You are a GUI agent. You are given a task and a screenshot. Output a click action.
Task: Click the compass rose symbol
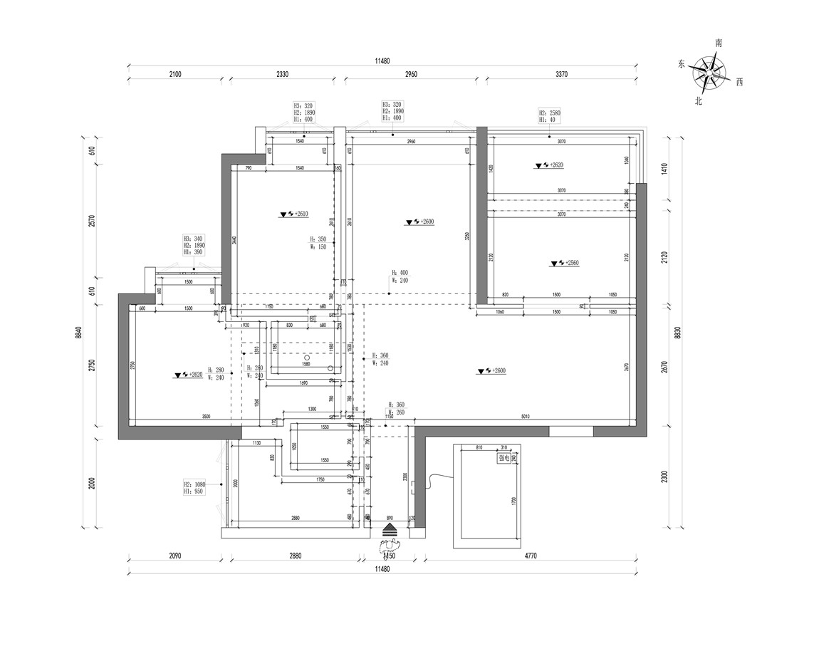(x=709, y=72)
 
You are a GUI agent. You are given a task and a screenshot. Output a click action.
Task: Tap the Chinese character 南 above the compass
(x=719, y=43)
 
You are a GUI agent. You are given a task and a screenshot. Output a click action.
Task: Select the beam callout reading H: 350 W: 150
(x=318, y=244)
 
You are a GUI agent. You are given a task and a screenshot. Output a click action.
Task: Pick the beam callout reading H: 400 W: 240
(x=400, y=276)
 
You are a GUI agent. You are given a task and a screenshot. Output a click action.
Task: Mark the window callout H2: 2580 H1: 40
(x=550, y=116)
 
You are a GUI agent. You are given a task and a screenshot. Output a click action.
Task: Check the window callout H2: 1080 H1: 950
(x=194, y=487)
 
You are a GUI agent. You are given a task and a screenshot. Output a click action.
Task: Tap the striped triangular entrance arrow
(x=390, y=529)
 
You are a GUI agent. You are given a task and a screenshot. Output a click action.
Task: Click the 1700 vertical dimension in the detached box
(x=514, y=500)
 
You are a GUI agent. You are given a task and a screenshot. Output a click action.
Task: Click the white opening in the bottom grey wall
(x=570, y=431)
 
